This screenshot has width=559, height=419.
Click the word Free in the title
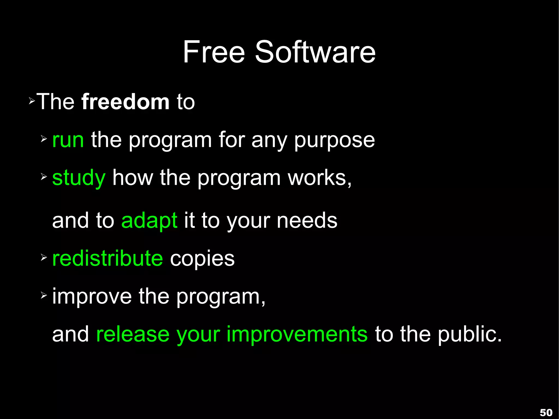[x=214, y=52]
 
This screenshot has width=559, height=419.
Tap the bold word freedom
[x=125, y=102]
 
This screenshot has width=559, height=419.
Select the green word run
[x=68, y=140]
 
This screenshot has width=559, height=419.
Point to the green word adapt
[x=149, y=221]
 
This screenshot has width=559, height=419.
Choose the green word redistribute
[x=108, y=258]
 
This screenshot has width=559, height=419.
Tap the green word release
[x=133, y=334]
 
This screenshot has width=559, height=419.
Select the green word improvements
[x=297, y=334]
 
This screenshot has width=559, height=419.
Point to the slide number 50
[x=546, y=412]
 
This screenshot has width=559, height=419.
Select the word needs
[x=307, y=221]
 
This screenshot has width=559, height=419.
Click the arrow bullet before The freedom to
[x=32, y=102]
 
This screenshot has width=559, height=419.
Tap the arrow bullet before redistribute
[x=44, y=257]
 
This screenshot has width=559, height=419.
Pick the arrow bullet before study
[x=44, y=177]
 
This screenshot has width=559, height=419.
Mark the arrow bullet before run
[x=44, y=139]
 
